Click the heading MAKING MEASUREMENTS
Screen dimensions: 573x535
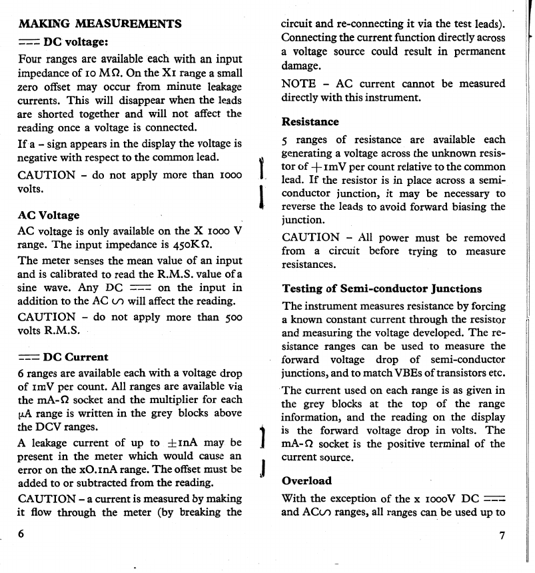click(99, 24)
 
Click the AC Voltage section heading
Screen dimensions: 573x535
click(48, 215)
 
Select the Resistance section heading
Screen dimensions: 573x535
click(310, 122)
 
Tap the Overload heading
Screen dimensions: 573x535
click(306, 480)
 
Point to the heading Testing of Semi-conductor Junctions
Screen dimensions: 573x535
click(382, 289)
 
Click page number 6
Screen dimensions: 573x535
click(22, 534)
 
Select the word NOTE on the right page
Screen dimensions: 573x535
click(300, 84)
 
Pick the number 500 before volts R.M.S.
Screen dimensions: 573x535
click(231, 317)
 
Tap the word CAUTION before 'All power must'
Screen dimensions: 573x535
click(310, 237)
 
